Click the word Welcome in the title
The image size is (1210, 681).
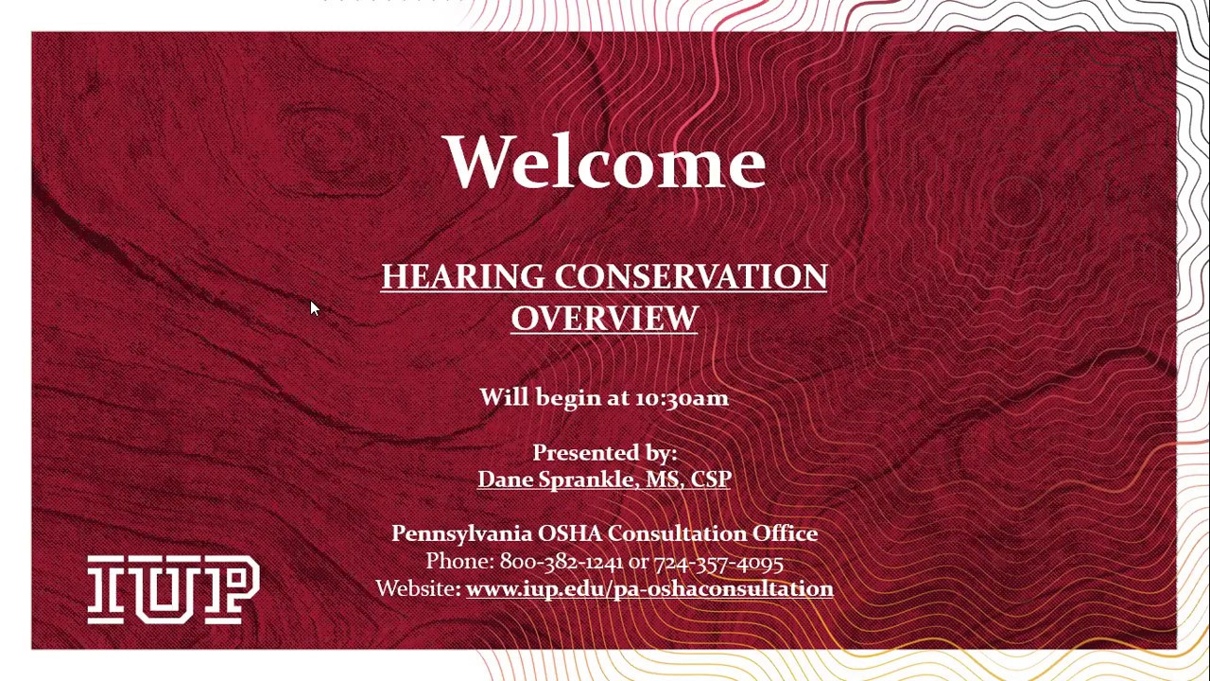pos(603,162)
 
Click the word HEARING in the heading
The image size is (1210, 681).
pos(463,277)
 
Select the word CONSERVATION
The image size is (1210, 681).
pos(691,277)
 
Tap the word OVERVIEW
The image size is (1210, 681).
pos(604,319)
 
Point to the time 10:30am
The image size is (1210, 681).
pos(681,398)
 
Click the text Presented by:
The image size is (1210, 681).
pos(604,453)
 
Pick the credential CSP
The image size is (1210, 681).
pos(710,480)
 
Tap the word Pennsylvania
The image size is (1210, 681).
pos(461,534)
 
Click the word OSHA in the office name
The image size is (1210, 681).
pos(569,534)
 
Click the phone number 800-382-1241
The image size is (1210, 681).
pos(561,562)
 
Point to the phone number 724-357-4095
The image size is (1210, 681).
pos(717,562)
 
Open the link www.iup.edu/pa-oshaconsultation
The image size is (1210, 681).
pos(649,589)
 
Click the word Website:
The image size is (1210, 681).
pos(418,589)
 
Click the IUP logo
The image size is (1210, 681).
pos(173,589)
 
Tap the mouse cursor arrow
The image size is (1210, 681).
pos(315,308)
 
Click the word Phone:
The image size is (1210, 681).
pos(459,562)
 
